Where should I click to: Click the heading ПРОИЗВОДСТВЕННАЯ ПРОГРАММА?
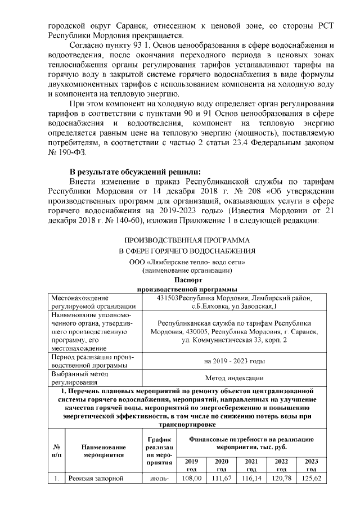tap(186, 240)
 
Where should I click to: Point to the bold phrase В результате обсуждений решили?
tap(134, 172)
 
